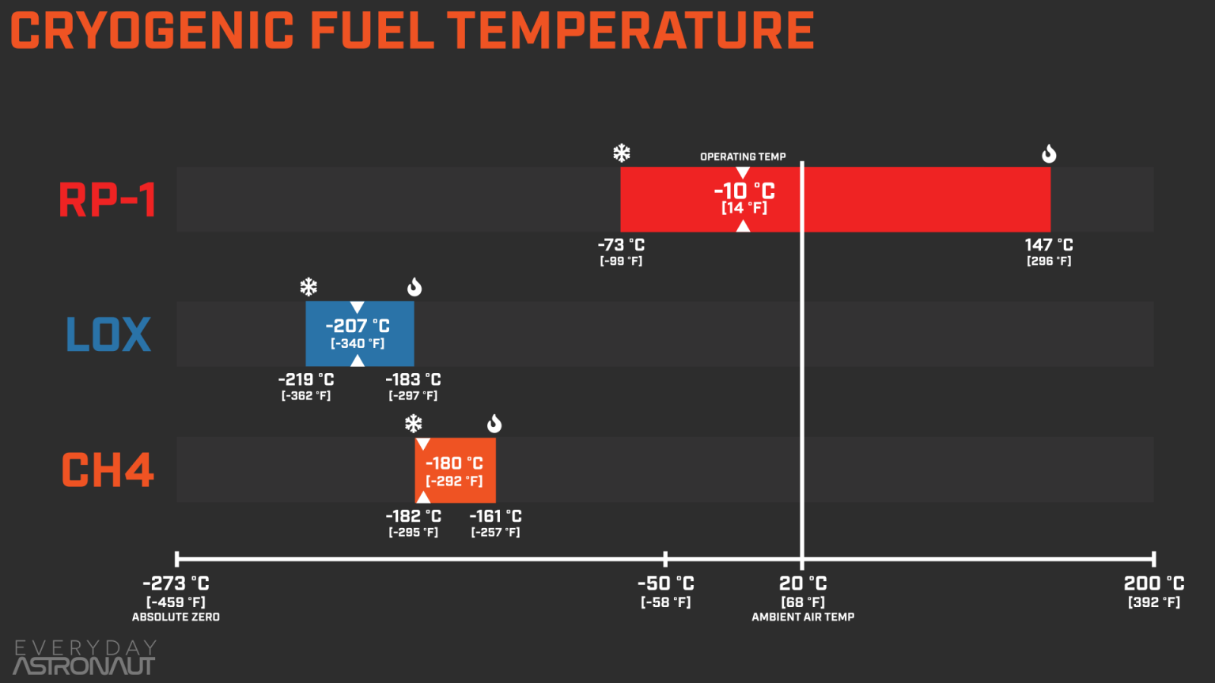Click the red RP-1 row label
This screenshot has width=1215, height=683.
point(108,200)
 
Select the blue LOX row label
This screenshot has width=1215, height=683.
point(108,334)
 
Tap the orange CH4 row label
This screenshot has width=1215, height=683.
point(108,470)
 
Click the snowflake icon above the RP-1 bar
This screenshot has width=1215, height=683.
point(622,153)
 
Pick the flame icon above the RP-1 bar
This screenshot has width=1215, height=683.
point(1049,153)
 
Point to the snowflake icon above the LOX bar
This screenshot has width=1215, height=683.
point(308,287)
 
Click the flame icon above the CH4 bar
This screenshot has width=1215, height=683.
point(494,424)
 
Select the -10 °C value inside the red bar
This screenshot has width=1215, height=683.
point(744,191)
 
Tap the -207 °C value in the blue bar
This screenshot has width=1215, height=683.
point(358,326)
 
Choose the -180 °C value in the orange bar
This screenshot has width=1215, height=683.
point(454,463)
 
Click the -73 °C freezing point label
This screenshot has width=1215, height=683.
point(621,245)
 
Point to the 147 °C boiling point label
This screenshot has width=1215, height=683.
point(1049,245)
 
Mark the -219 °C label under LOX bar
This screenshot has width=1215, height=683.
point(306,379)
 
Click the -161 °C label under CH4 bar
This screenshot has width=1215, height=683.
point(495,516)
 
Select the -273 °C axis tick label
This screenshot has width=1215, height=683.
point(176,583)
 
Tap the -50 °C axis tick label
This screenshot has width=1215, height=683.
point(665,583)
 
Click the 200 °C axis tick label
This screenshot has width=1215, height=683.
point(1154,583)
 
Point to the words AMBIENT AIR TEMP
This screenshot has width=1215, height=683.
point(803,617)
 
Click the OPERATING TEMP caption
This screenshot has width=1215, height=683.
point(743,157)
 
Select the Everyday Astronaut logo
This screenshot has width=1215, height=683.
point(85,658)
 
